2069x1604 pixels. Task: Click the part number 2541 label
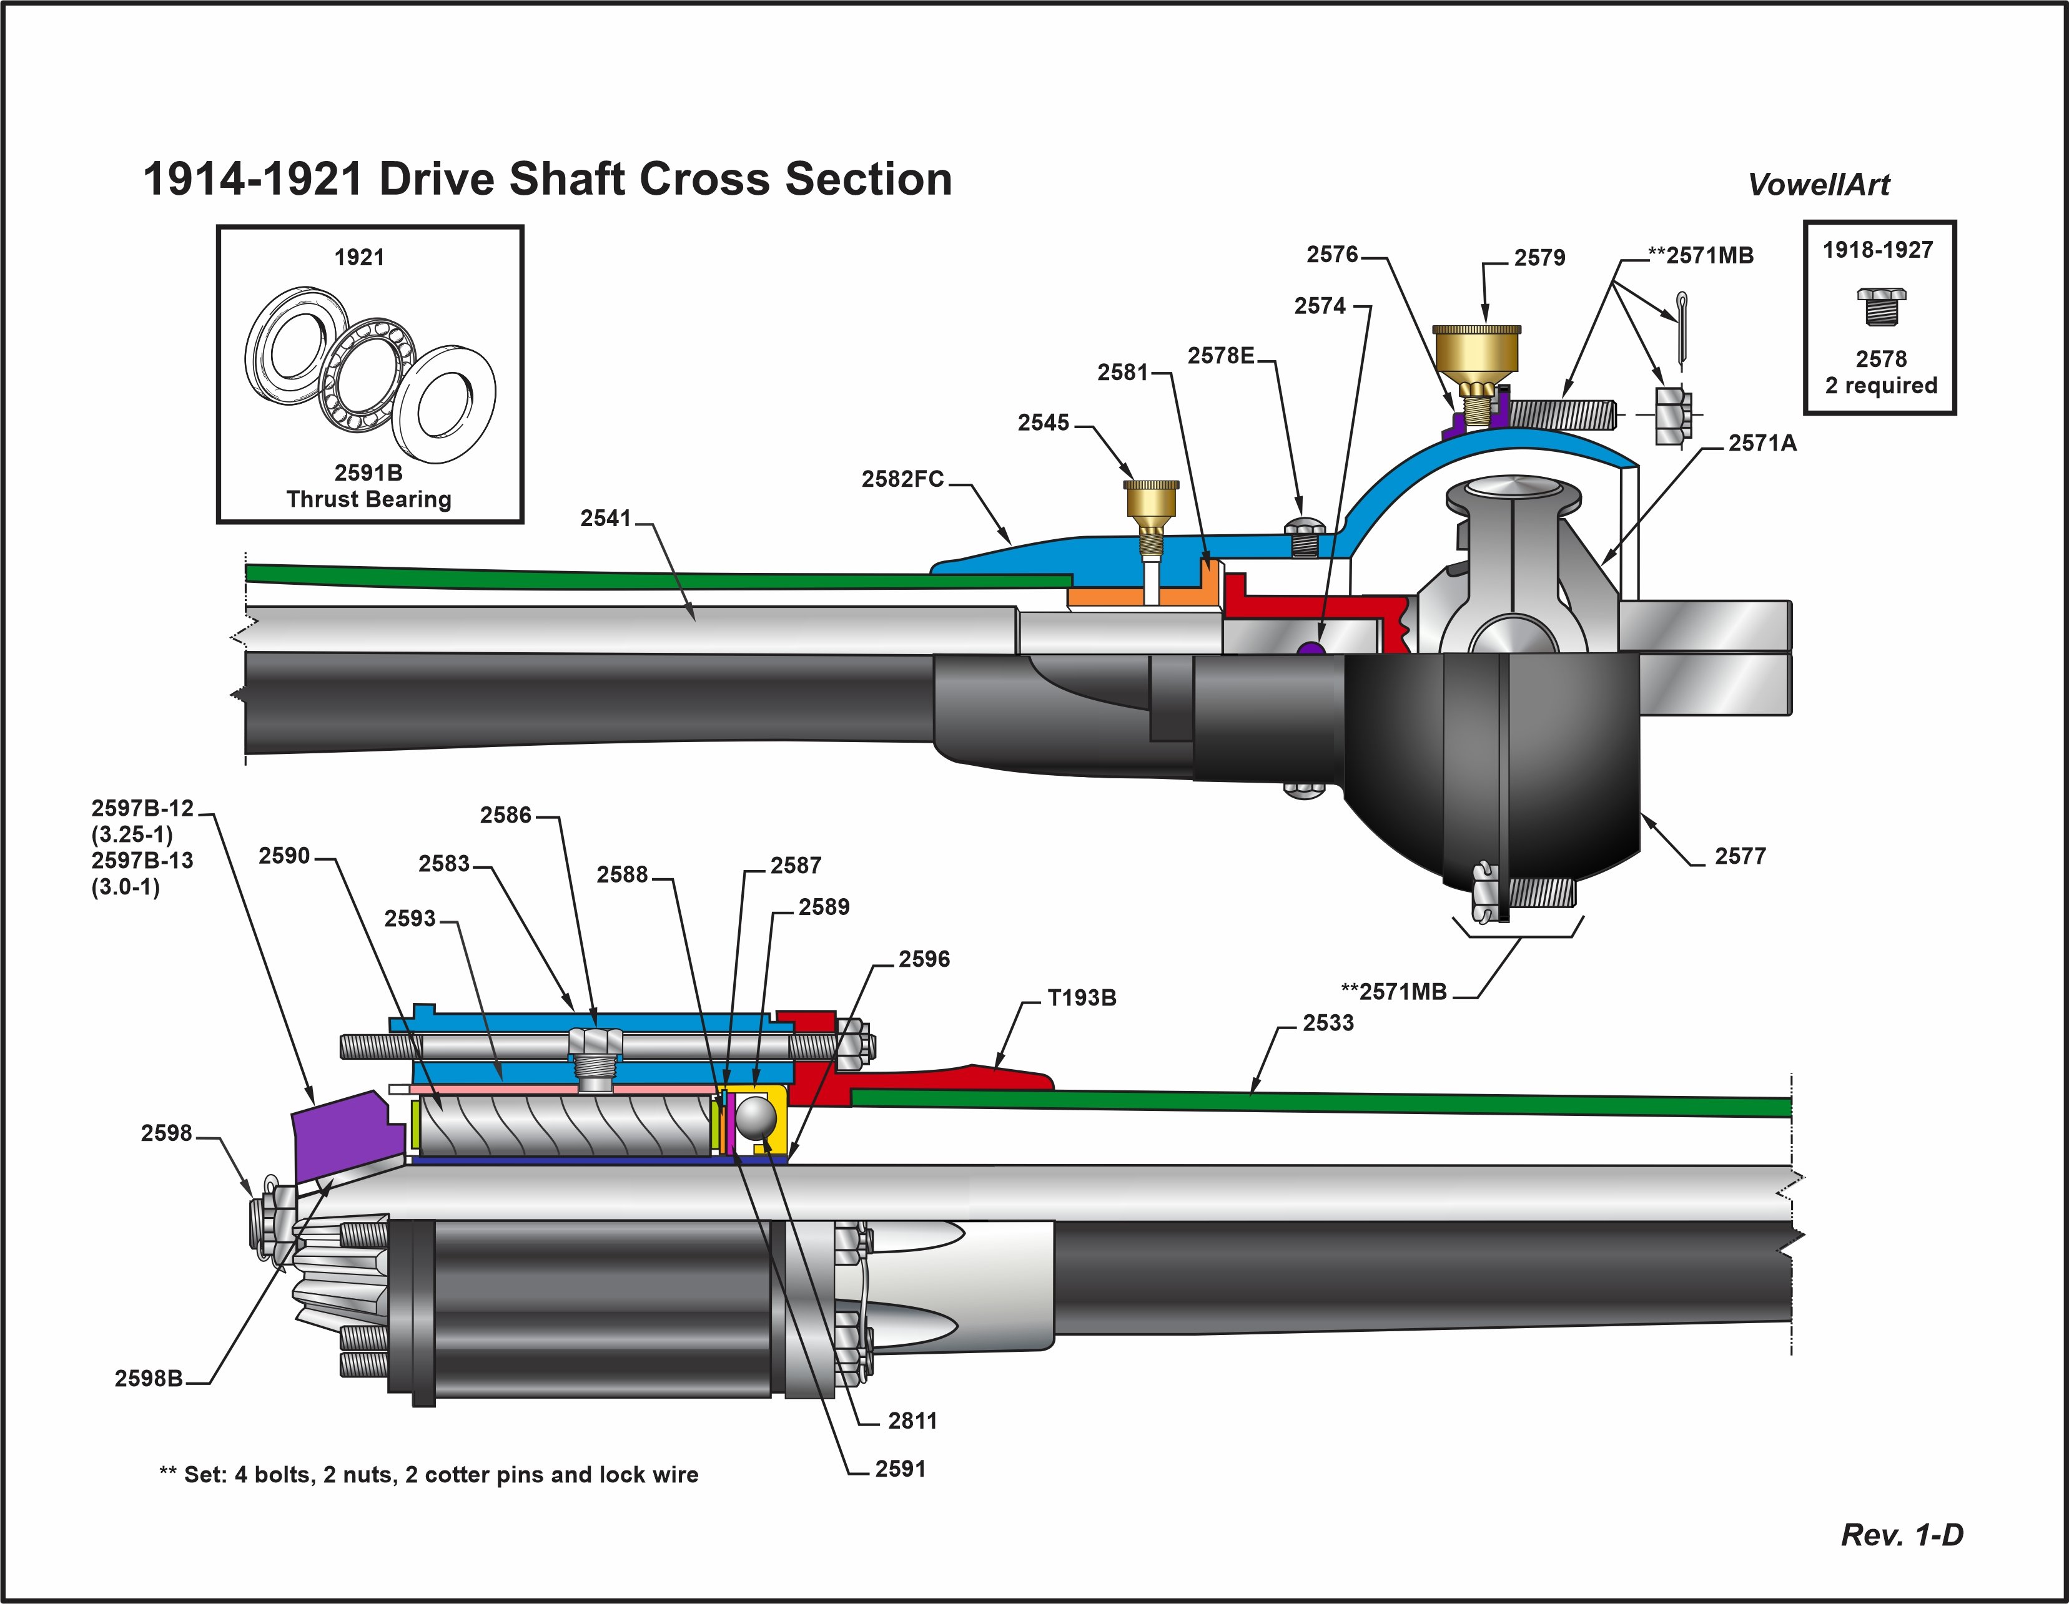[605, 518]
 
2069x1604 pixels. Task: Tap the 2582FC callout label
[902, 479]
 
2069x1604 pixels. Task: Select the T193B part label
[1081, 998]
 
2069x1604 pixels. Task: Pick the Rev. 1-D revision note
[1902, 1535]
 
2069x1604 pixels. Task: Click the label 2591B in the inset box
[368, 472]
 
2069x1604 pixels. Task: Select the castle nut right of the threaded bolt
[1672, 414]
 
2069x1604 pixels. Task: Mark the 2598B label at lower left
[149, 1379]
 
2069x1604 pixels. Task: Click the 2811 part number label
[912, 1421]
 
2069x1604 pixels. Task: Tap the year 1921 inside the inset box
[359, 258]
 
